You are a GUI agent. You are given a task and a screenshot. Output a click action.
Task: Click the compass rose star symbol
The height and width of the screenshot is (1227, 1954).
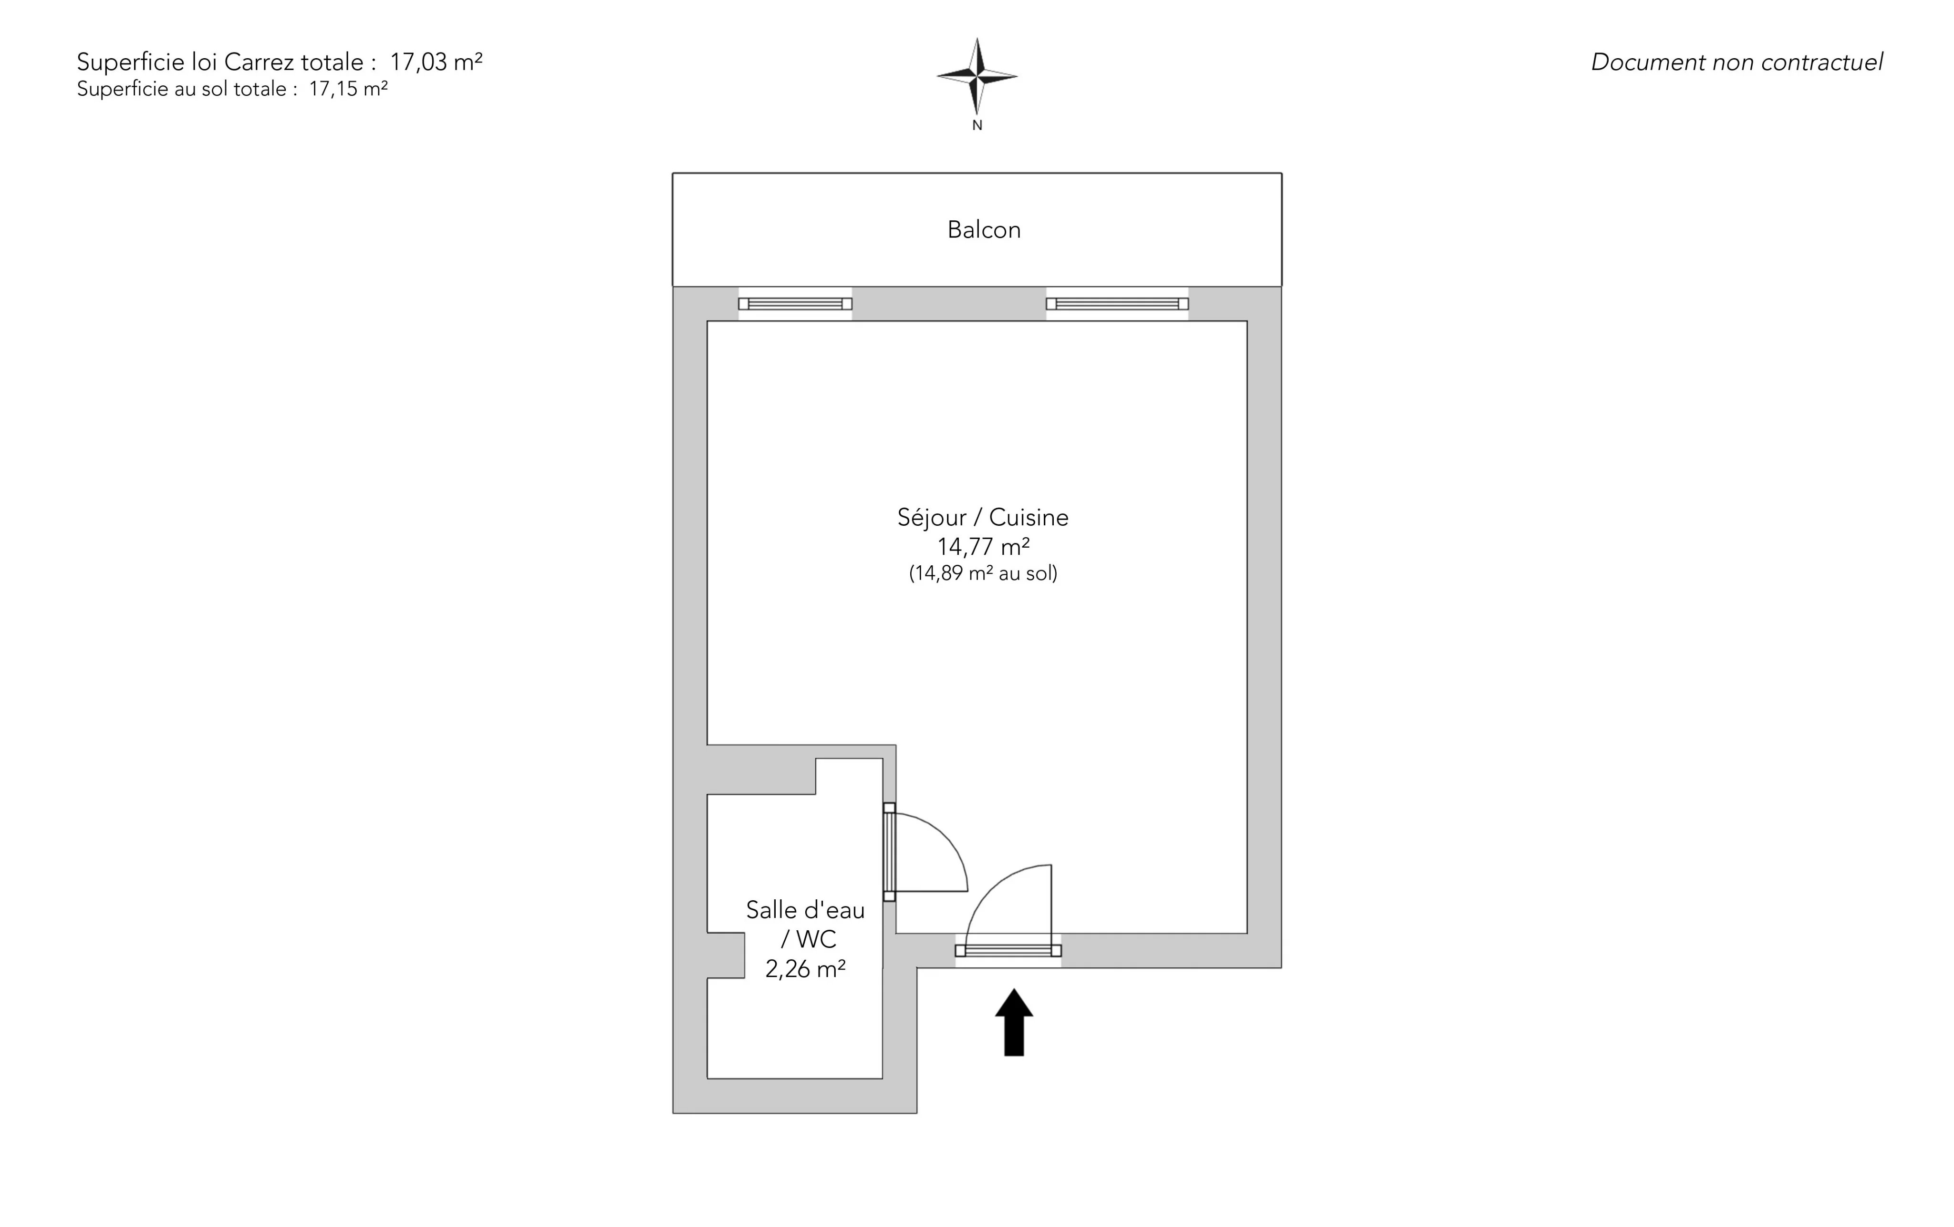coord(977,76)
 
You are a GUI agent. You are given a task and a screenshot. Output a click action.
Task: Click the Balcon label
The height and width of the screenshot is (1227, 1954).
coord(984,229)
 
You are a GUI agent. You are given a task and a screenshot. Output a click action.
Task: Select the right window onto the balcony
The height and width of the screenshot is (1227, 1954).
coord(1117,303)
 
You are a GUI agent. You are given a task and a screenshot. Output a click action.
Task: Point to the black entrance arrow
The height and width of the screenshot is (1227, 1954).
coord(1014,1022)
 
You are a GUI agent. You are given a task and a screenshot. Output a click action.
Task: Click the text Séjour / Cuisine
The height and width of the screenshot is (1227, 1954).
coord(983,517)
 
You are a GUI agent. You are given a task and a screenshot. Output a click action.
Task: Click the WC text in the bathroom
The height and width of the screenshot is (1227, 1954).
coord(816,939)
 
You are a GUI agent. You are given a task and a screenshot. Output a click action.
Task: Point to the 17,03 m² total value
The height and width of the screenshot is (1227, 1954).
coord(437,62)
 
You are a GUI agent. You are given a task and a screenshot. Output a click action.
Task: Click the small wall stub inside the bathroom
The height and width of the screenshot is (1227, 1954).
coord(726,955)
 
